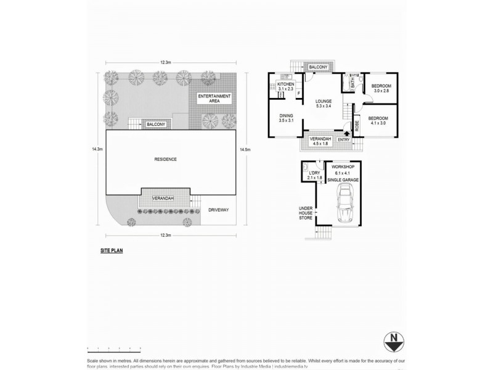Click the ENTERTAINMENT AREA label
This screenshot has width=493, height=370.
click(214, 99)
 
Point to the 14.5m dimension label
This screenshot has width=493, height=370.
click(246, 150)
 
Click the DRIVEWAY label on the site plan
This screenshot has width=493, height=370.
click(218, 210)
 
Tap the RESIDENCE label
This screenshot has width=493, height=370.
click(165, 159)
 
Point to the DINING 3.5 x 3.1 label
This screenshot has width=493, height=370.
click(285, 118)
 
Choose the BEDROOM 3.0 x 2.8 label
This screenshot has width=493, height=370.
click(382, 88)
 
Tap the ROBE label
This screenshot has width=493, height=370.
click(357, 126)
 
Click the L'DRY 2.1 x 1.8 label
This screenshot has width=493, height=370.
click(315, 175)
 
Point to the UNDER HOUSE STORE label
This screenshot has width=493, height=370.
click(306, 213)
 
